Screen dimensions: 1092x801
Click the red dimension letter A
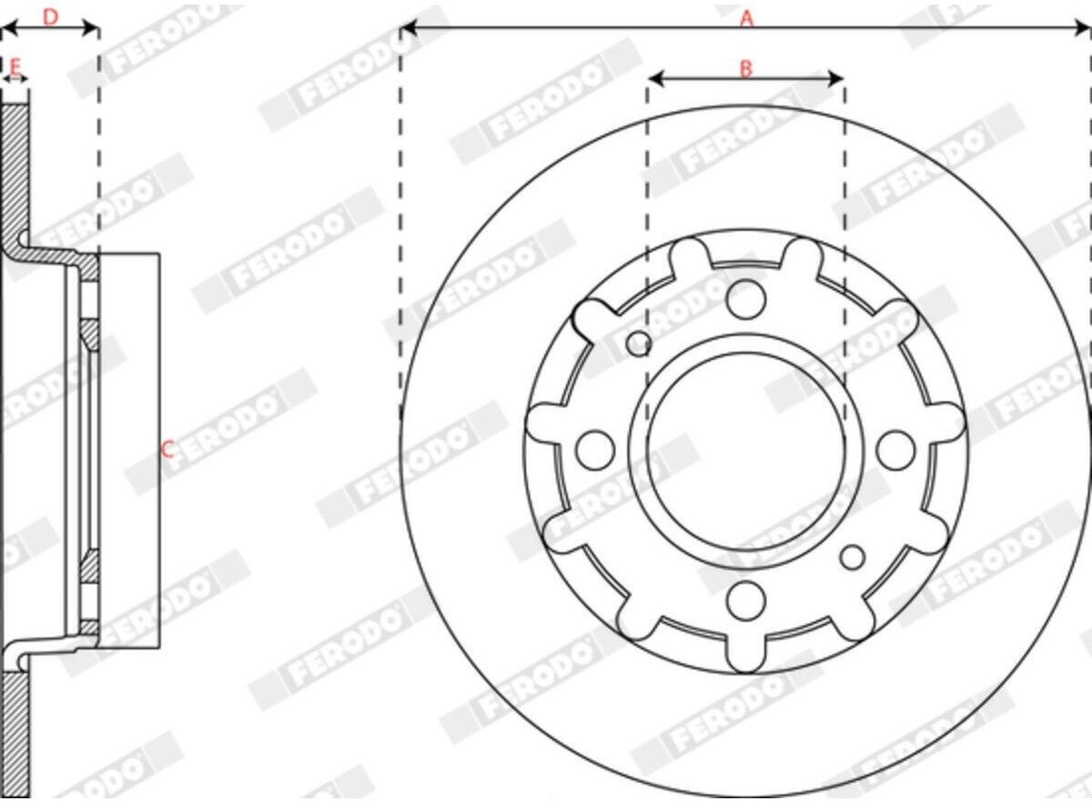pyautogui.click(x=747, y=19)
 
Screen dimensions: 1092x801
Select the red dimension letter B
pyautogui.click(x=746, y=69)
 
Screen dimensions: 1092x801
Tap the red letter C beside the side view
pyautogui.click(x=167, y=449)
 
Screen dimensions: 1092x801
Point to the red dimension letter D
pyautogui.click(x=50, y=17)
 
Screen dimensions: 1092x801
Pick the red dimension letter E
pyautogui.click(x=15, y=65)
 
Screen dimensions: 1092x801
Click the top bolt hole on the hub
pyautogui.click(x=745, y=299)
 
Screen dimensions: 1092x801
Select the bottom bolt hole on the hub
pyautogui.click(x=745, y=600)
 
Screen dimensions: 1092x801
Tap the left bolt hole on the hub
pyautogui.click(x=595, y=450)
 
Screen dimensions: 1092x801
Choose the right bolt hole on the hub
pyautogui.click(x=896, y=450)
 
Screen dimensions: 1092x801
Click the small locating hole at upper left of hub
pyautogui.click(x=638, y=345)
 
